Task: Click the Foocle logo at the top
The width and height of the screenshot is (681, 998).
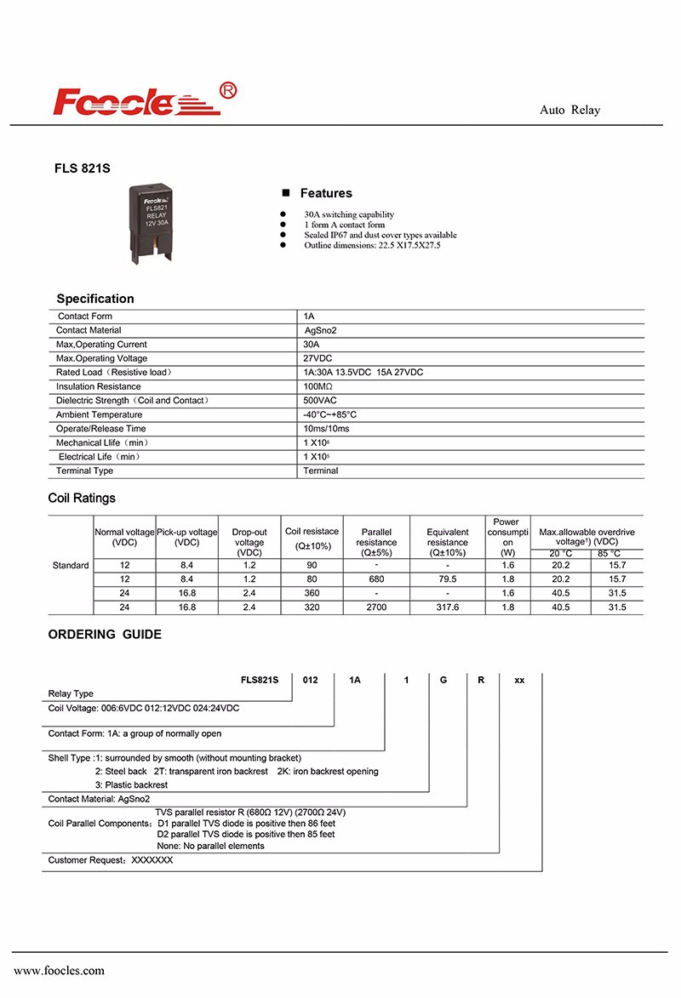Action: click(146, 100)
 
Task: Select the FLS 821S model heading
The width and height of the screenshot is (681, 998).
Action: click(83, 169)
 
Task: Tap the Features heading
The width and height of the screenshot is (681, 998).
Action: click(325, 193)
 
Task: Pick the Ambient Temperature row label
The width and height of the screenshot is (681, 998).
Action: click(99, 414)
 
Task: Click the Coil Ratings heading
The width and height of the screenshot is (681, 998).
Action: click(82, 498)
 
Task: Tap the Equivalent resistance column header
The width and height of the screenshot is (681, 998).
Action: click(447, 542)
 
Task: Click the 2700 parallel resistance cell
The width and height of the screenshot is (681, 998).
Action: click(376, 607)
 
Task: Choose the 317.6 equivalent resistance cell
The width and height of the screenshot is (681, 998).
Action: click(447, 607)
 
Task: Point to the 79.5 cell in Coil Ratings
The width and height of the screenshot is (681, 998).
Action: click(447, 579)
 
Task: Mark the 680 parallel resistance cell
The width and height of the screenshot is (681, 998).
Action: click(376, 579)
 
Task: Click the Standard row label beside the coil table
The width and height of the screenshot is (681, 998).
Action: click(71, 566)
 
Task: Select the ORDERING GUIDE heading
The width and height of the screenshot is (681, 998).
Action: click(105, 634)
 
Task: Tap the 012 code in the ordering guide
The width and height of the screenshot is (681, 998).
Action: click(310, 680)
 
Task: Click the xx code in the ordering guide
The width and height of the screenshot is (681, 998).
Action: click(520, 680)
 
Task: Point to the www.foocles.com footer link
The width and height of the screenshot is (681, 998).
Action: click(59, 971)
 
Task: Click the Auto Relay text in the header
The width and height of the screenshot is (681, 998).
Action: click(569, 110)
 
